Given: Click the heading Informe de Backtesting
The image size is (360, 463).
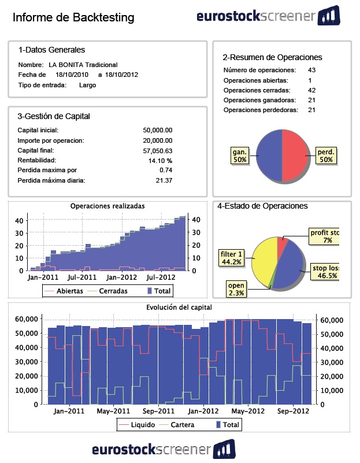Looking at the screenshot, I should coord(73,18).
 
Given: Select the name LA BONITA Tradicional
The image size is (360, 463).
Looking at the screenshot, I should coord(83,65).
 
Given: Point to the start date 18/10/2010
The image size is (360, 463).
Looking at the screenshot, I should coord(72,75).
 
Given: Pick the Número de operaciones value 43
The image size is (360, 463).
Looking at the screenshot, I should coord(311,70).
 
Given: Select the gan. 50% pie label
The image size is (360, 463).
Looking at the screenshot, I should coord(239,155).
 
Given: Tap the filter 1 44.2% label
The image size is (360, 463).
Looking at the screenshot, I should coord(231,258).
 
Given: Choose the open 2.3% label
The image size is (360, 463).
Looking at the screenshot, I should coord(236,289).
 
